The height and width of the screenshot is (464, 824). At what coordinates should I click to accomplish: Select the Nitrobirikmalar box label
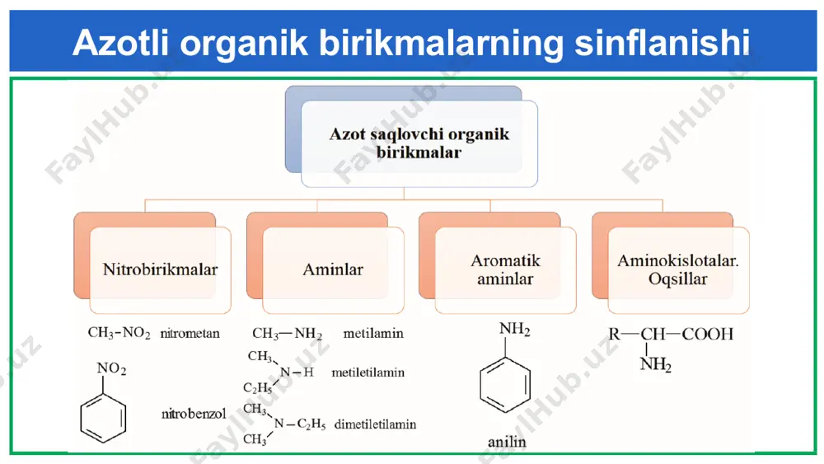click(160, 269)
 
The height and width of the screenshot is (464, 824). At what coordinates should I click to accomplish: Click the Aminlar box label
click(333, 269)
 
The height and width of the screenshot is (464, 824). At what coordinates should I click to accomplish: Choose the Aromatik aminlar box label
click(505, 269)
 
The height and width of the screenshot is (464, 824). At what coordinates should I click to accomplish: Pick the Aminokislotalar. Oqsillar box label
click(678, 269)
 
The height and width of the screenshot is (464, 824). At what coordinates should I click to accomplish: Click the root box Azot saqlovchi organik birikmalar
click(419, 143)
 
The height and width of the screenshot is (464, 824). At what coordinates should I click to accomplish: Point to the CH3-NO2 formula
click(119, 333)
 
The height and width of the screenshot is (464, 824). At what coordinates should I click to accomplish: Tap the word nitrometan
click(190, 333)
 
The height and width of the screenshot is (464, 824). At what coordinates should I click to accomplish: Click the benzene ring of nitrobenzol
click(103, 419)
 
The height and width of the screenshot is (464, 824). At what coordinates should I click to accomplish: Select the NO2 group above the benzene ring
click(111, 369)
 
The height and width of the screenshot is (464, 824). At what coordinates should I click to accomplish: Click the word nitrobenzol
click(194, 414)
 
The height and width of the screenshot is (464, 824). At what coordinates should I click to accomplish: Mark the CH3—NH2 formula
click(287, 333)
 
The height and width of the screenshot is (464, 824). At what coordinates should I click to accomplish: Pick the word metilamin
click(373, 333)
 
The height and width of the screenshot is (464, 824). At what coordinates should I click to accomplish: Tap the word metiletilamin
click(368, 373)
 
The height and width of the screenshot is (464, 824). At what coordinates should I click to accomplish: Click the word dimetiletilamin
click(375, 424)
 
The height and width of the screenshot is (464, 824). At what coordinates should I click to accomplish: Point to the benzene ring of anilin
click(505, 385)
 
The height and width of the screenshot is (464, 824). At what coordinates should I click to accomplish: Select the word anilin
click(507, 442)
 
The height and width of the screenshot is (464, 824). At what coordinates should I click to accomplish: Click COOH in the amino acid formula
click(707, 335)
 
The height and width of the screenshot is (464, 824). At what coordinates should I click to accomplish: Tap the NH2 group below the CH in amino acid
click(655, 363)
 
